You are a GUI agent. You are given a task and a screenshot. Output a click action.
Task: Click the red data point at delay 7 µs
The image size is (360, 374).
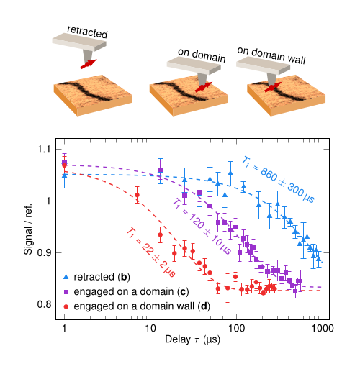click(137, 195)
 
